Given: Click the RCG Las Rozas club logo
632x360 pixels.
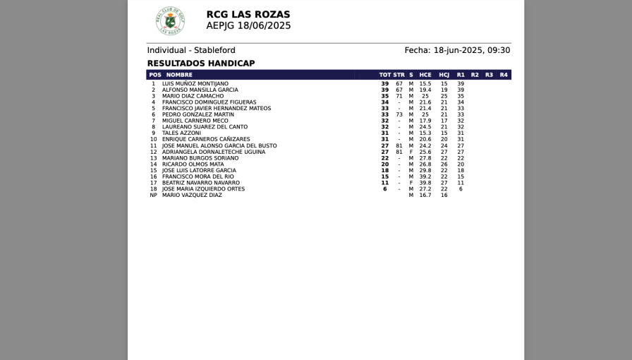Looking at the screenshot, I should tap(170, 21).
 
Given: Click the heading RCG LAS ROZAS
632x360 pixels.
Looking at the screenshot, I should tap(248, 14).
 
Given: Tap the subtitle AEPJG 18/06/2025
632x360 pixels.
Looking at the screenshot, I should tap(248, 26).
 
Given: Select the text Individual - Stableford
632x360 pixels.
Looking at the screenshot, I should tap(191, 50).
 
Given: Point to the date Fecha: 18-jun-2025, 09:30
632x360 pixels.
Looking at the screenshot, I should tap(457, 50).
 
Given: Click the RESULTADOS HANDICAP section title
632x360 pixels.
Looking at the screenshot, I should tap(201, 64).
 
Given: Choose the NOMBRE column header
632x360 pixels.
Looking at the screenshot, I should tap(179, 75).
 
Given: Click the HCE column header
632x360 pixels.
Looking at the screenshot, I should tap(425, 75).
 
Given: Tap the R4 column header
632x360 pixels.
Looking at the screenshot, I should tap(504, 75).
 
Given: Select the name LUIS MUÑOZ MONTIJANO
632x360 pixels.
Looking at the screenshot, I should tap(195, 84).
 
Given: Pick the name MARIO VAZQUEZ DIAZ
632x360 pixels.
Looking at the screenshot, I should tap(192, 195).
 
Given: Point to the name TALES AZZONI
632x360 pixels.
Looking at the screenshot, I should tap(181, 133).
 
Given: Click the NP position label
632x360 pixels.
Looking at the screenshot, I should tap(153, 195).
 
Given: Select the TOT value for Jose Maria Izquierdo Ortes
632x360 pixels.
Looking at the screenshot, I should tap(385, 189).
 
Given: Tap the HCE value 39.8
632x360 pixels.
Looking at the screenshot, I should tap(425, 183).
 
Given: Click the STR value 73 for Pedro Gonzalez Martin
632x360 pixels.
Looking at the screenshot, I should tap(399, 114).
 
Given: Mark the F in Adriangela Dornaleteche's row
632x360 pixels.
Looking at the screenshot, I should tap(411, 152).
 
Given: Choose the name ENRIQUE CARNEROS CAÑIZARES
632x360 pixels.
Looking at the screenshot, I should tap(206, 140).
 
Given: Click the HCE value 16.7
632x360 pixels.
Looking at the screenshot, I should tap(425, 195).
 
